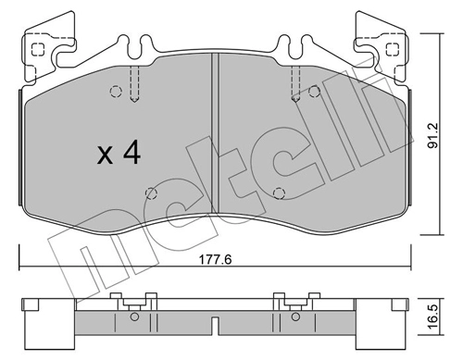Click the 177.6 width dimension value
[x=215, y=260]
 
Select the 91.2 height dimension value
[x=433, y=135]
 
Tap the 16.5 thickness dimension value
[x=433, y=317]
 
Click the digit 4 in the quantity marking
[x=132, y=153]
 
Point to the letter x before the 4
[x=105, y=155]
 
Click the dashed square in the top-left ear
[x=38, y=49]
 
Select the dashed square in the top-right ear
[x=393, y=49]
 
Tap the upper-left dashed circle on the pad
[x=116, y=92]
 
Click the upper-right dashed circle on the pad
[x=314, y=92]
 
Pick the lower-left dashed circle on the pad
[x=151, y=193]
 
